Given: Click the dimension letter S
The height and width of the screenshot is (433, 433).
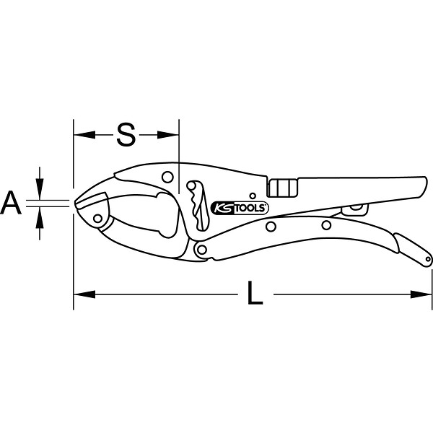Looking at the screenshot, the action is pyautogui.click(x=126, y=135).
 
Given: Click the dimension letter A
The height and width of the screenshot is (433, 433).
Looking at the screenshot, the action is pyautogui.click(x=11, y=203).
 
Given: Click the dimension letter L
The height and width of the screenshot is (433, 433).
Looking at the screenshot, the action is pyautogui.click(x=255, y=293).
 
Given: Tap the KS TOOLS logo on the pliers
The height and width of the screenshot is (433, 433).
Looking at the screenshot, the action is pyautogui.click(x=240, y=208).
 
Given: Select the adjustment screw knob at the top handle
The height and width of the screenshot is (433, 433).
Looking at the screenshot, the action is pyautogui.click(x=282, y=188).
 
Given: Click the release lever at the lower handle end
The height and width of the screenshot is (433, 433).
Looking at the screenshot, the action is pyautogui.click(x=413, y=250).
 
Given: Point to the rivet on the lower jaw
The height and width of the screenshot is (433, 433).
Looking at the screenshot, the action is pyautogui.click(x=97, y=219).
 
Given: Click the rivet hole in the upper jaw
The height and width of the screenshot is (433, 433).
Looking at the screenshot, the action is pyautogui.click(x=167, y=177).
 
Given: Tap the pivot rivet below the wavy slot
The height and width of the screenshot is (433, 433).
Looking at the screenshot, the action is pyautogui.click(x=202, y=250).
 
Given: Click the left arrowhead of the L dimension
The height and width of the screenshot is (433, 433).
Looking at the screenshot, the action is pyautogui.click(x=84, y=294).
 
